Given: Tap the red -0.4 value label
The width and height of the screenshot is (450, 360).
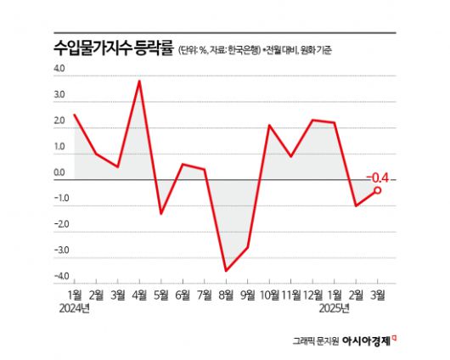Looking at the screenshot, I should pyautogui.click(x=377, y=177).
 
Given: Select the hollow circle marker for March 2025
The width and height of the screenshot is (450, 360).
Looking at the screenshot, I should pyautogui.click(x=377, y=190).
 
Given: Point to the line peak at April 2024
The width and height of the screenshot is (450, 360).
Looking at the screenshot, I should pyautogui.click(x=139, y=81).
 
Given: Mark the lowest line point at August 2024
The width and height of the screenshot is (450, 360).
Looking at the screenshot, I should pyautogui.click(x=226, y=271).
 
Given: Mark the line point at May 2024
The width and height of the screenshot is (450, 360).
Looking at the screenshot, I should pyautogui.click(x=161, y=212).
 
